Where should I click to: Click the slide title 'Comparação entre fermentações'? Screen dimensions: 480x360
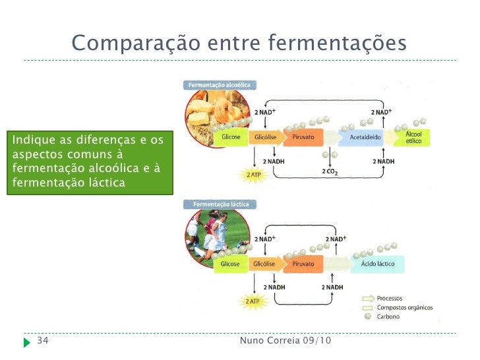[x=239, y=44]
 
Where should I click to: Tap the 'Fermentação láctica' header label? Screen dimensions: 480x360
[x=220, y=204]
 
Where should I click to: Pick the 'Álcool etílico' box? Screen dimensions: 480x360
[x=418, y=137]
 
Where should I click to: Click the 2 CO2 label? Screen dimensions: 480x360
[x=330, y=173]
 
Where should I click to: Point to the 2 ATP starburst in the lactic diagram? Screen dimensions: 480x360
[x=253, y=301]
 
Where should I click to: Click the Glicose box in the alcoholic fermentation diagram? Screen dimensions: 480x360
[x=231, y=137]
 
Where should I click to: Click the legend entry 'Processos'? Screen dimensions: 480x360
[x=389, y=299]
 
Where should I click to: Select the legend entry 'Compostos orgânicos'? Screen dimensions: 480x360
[x=400, y=307]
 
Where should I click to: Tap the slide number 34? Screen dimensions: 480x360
[x=42, y=341]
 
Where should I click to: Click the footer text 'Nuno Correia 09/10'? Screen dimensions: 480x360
[x=285, y=341]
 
